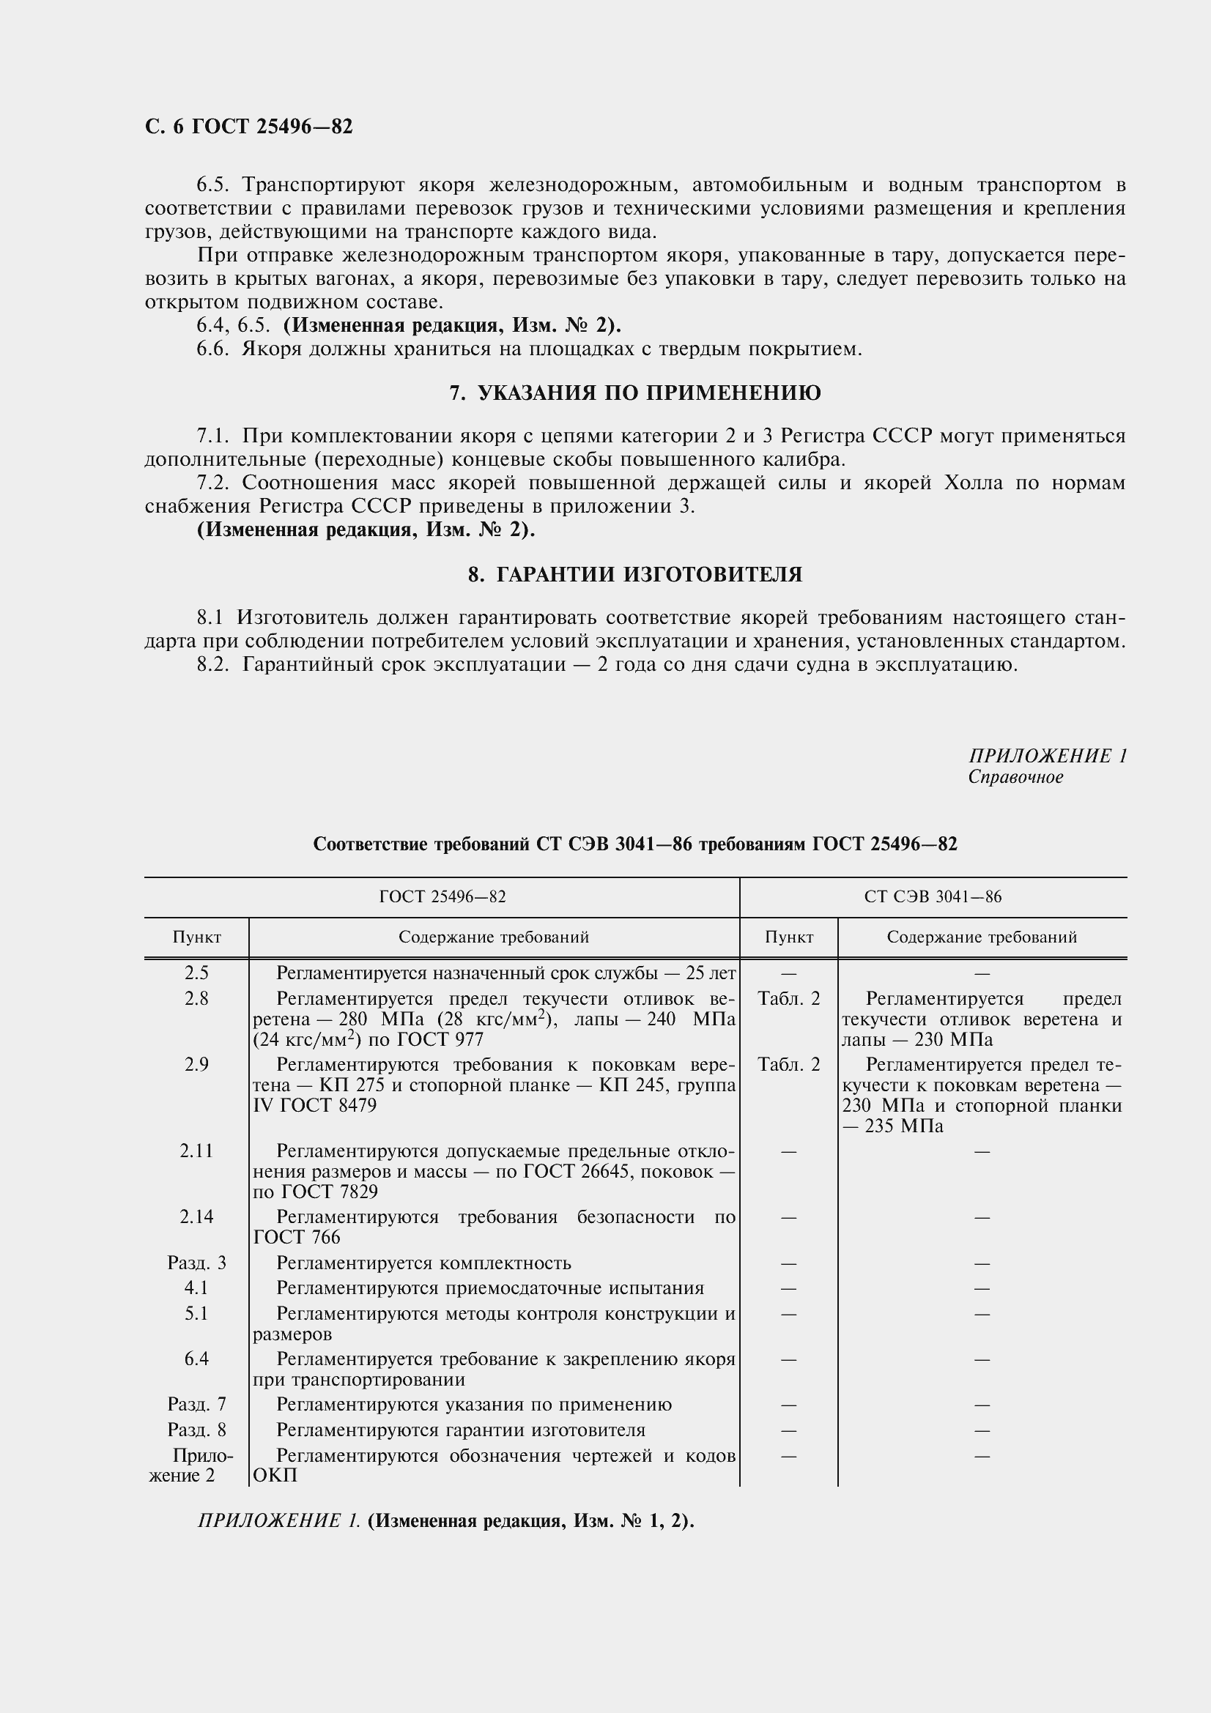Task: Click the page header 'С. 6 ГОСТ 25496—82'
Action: tap(248, 127)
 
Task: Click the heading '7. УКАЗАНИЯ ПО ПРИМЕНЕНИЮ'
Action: tap(635, 393)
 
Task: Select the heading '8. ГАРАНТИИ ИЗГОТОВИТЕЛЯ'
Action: tap(635, 574)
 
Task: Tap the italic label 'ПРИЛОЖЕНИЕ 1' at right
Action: tap(1047, 756)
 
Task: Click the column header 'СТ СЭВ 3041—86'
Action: tap(933, 897)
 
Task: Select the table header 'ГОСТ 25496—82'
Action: tap(442, 897)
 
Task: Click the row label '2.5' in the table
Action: tap(196, 973)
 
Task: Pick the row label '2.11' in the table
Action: tap(196, 1151)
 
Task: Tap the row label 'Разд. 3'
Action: tap(196, 1263)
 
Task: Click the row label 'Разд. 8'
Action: tap(196, 1430)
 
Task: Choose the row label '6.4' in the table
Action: tap(196, 1359)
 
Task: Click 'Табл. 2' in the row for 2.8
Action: tap(789, 999)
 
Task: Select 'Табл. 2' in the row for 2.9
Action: tap(789, 1065)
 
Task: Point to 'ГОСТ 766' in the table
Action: tap(297, 1238)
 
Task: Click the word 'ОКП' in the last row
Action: tap(275, 1476)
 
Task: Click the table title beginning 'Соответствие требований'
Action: tap(635, 844)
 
